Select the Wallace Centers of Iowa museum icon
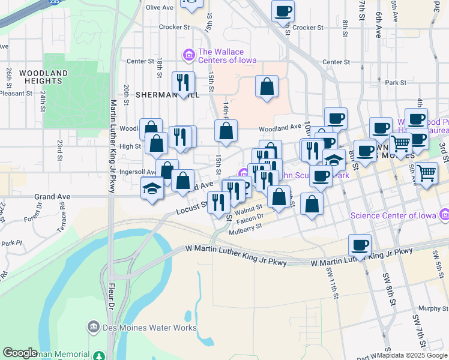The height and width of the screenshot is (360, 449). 189,55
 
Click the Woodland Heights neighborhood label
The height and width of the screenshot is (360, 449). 43,77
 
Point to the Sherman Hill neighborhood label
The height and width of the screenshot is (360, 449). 158,95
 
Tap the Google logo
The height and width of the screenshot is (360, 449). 20,353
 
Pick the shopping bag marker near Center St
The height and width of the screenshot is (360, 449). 267,87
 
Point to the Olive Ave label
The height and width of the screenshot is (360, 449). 160,7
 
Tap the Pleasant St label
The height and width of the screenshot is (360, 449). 16,93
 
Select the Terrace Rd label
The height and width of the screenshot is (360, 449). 62,211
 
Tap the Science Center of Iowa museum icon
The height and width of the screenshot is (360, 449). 444,214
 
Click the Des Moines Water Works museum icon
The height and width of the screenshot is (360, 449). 93,328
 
